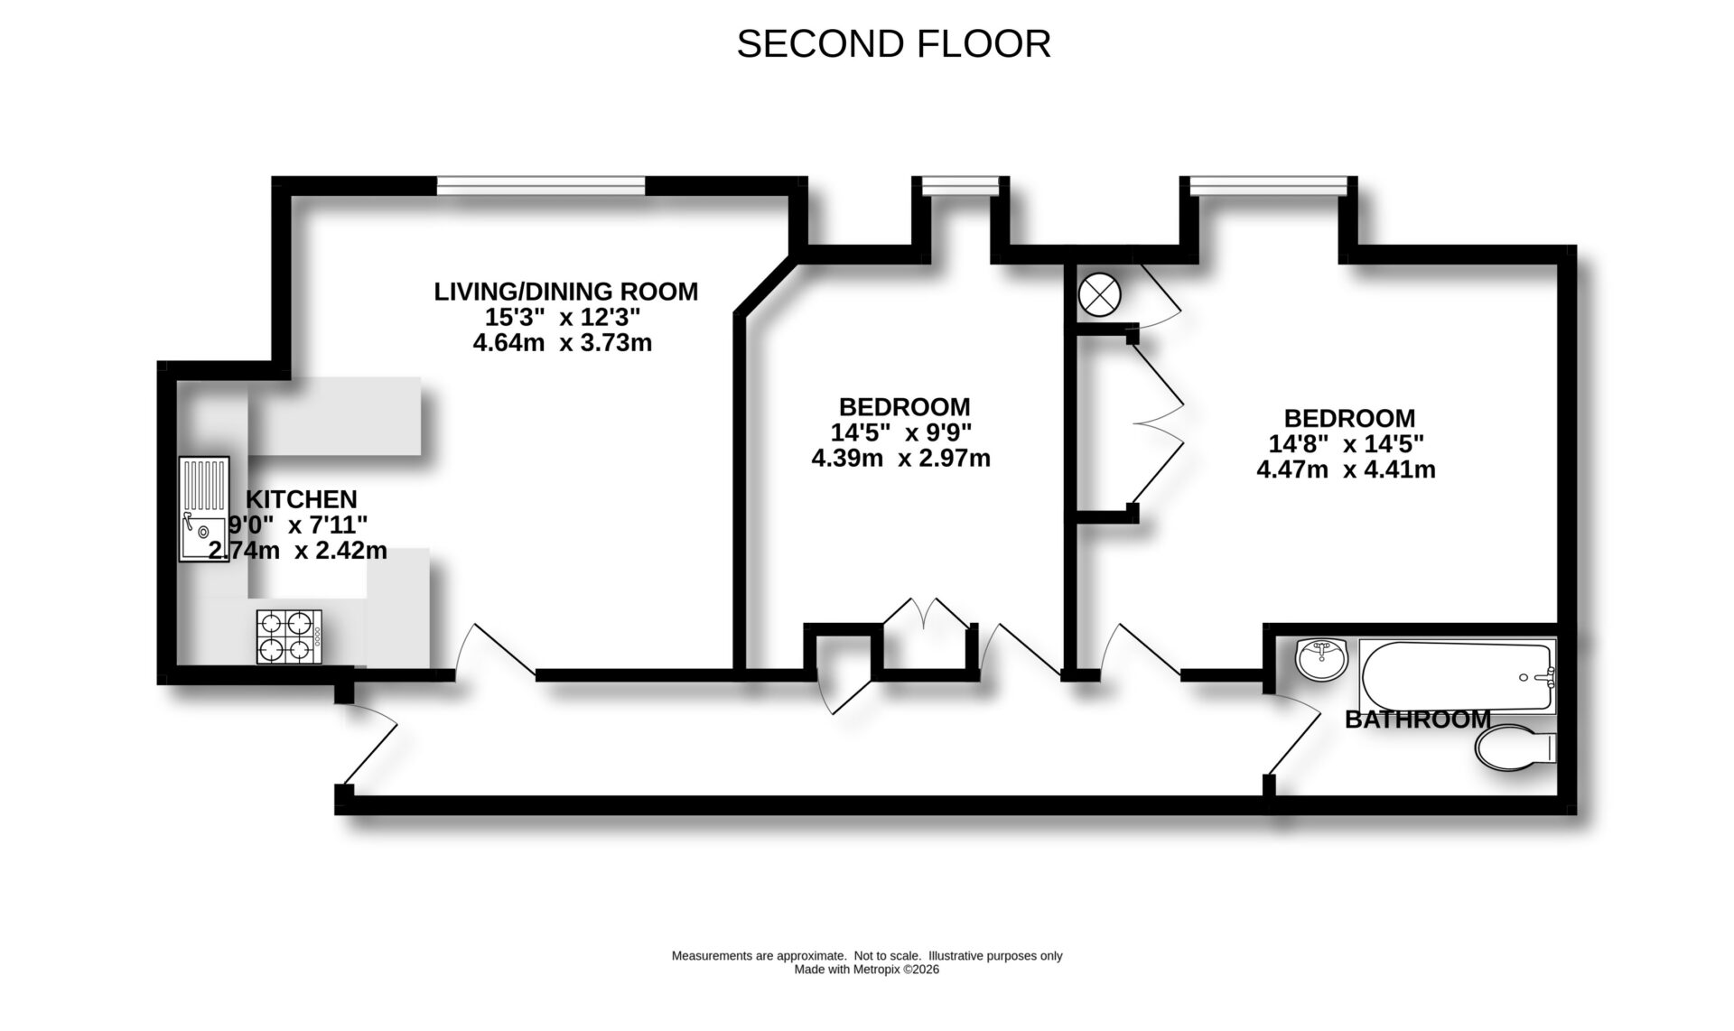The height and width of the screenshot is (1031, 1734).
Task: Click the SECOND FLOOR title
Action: tap(893, 44)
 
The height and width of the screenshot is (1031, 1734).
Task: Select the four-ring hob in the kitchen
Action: tap(289, 636)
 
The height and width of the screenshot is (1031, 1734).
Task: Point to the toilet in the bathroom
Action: tap(1514, 748)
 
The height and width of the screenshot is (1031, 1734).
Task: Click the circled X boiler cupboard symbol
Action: tap(1099, 294)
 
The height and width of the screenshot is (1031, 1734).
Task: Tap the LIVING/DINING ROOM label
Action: tap(565, 292)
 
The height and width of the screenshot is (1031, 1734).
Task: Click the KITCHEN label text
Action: tap(302, 499)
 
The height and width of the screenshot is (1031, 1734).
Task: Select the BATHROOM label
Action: tap(1417, 720)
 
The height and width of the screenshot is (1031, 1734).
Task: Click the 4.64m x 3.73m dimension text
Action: tap(562, 343)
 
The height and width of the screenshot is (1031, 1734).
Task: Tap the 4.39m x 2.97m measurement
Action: tap(900, 459)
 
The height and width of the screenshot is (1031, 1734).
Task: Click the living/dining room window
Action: tap(541, 186)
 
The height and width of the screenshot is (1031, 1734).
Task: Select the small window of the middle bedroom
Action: tap(960, 187)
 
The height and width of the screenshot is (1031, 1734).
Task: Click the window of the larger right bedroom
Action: tap(1268, 187)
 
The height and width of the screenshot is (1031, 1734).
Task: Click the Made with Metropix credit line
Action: tap(866, 970)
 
